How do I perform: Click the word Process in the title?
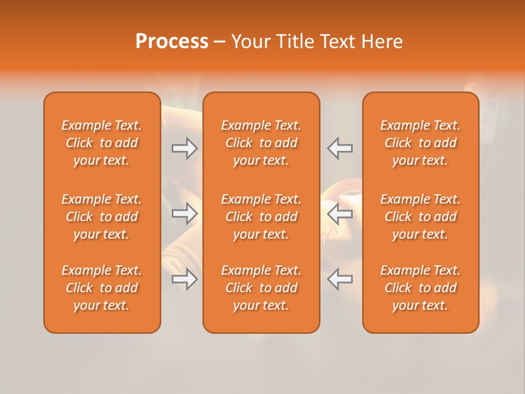(172, 42)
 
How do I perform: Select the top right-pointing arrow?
(184, 148)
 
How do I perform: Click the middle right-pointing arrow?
(184, 213)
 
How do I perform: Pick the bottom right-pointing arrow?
(184, 279)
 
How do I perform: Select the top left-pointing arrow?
(340, 148)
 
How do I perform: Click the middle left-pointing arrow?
(340, 213)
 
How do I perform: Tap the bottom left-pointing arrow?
(340, 279)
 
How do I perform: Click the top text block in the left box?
(102, 143)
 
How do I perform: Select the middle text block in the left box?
(102, 217)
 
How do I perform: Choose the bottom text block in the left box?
(102, 288)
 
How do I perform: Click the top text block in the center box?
(261, 143)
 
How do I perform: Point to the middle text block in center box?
(261, 217)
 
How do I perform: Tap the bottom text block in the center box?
(261, 288)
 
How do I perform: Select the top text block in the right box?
(420, 143)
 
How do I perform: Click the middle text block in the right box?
(420, 217)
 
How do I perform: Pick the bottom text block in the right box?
(420, 288)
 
